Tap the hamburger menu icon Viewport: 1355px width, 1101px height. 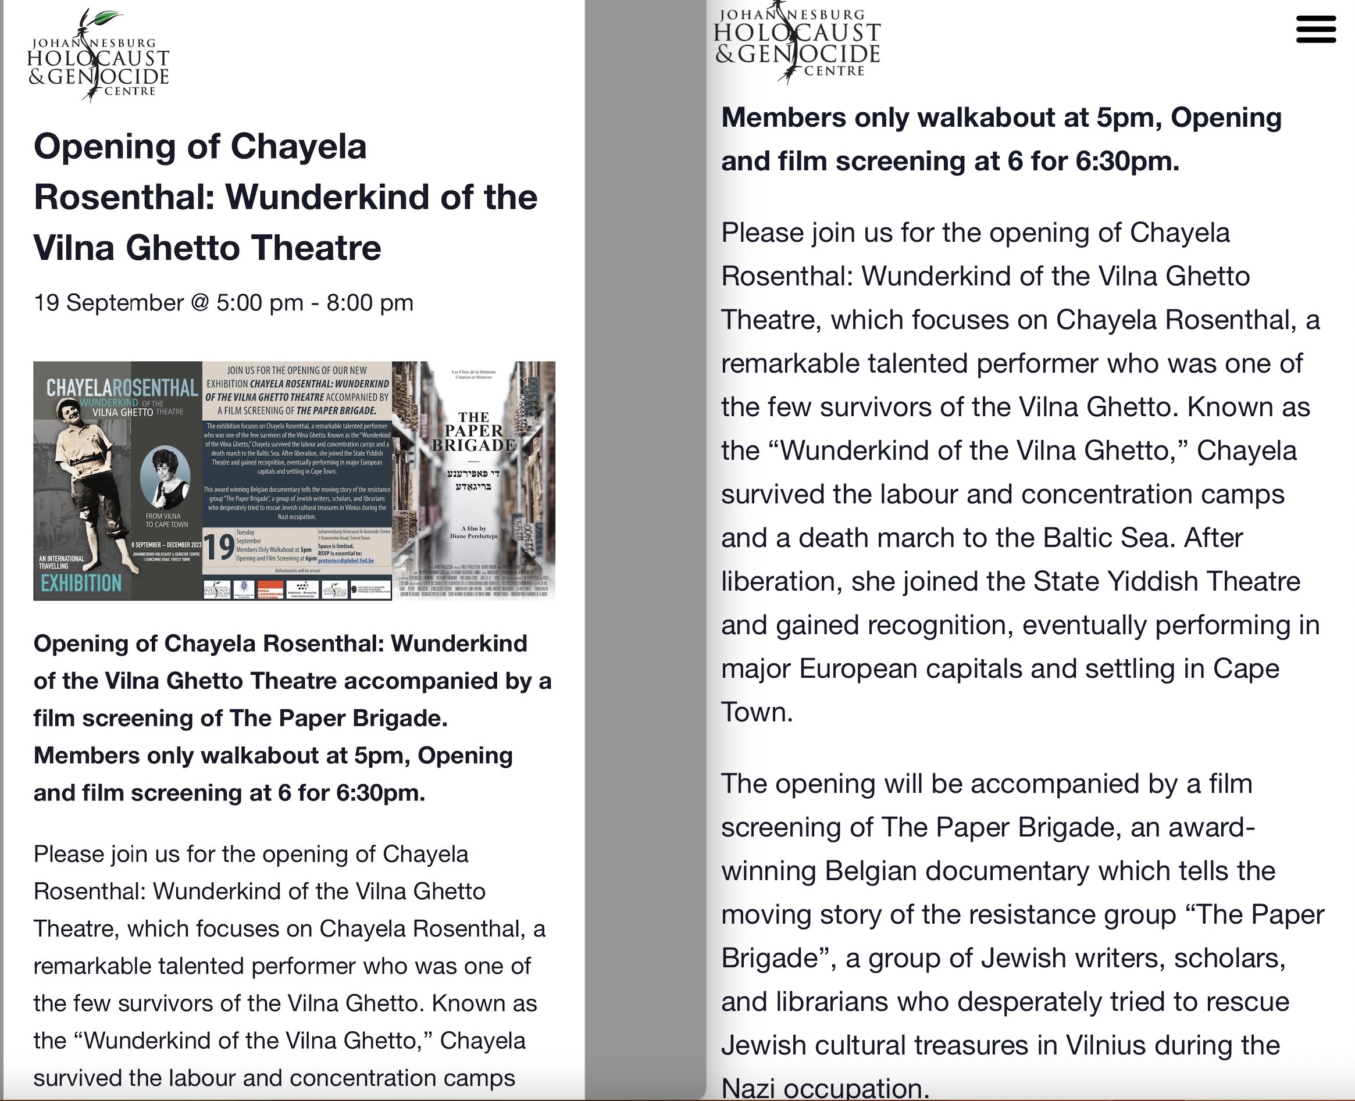[1315, 30]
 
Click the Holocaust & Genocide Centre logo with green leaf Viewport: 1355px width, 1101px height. [98, 57]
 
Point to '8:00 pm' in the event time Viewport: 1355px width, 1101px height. [370, 303]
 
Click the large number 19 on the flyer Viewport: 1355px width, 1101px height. [219, 546]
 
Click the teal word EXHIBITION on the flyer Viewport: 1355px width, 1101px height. [81, 583]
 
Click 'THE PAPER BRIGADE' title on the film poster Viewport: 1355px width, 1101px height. [473, 431]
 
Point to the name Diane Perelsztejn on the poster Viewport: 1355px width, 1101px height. [474, 536]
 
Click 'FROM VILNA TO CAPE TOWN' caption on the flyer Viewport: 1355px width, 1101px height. [166, 520]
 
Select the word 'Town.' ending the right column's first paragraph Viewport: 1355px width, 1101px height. [757, 713]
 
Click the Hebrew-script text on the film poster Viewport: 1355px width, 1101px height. [473, 480]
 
